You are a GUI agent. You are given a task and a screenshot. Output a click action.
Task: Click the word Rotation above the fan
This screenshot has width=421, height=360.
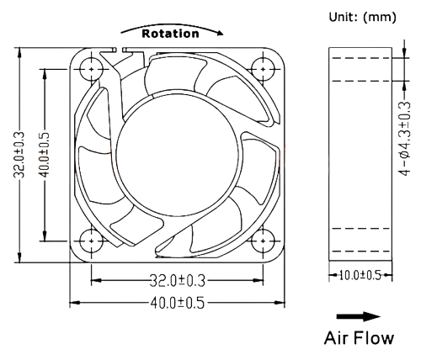pyautogui.click(x=170, y=34)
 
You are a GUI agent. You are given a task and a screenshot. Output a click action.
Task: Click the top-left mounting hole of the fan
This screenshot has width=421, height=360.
pyautogui.click(x=88, y=66)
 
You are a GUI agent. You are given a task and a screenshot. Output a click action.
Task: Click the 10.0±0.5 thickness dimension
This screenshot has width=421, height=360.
pyautogui.click(x=360, y=275)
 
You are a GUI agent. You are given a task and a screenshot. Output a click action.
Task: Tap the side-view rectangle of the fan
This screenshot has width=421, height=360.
pyautogui.click(x=360, y=153)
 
